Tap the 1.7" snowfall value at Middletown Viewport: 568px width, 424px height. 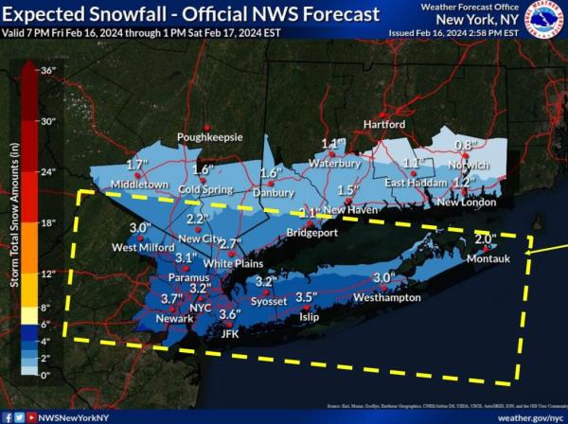138,165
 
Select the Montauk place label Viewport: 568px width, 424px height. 490,258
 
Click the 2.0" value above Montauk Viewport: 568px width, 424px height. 485,239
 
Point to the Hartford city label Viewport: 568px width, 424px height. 383,125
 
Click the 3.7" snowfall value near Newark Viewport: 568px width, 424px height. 171,299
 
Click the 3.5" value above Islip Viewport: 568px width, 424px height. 306,297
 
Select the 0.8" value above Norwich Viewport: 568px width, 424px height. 464,145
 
